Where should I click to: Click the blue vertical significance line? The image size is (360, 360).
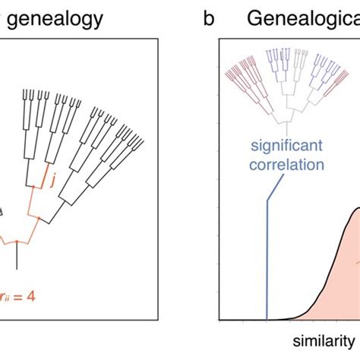tap(267, 258)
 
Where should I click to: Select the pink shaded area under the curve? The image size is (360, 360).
tap(334, 281)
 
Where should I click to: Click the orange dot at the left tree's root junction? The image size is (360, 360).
tap(17, 244)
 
